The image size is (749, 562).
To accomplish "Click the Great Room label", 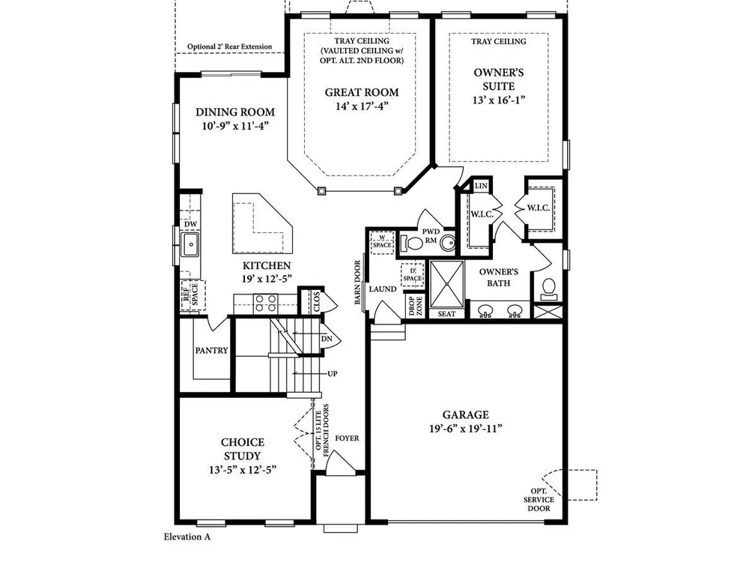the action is pyautogui.click(x=362, y=92).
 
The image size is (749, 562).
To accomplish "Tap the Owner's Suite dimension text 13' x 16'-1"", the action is pyautogui.click(x=498, y=100).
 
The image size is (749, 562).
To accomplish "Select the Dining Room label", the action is pyautogui.click(x=235, y=112).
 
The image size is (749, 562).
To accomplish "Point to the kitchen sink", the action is pyautogui.click(x=189, y=244).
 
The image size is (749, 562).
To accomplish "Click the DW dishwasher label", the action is pyautogui.click(x=190, y=224).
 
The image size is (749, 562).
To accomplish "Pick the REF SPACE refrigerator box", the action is pyautogui.click(x=192, y=295).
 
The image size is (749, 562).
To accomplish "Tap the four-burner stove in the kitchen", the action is pyautogui.click(x=265, y=303).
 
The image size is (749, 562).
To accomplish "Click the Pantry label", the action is pyautogui.click(x=212, y=350).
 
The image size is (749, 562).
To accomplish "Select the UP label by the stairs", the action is pyautogui.click(x=333, y=373).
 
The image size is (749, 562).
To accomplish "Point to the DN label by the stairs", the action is pyautogui.click(x=327, y=339).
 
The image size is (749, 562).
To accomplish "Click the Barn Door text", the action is pyautogui.click(x=358, y=282).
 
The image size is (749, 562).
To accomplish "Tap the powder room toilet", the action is pyautogui.click(x=411, y=244).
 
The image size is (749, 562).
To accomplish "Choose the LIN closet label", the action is pyautogui.click(x=481, y=186).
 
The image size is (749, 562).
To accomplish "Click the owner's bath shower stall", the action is pyautogui.click(x=446, y=284).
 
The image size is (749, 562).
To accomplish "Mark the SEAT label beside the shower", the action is pyautogui.click(x=446, y=314).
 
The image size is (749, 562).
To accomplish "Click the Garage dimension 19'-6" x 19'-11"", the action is pyautogui.click(x=465, y=429).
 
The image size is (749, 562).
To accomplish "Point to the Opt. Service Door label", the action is pyautogui.click(x=539, y=500).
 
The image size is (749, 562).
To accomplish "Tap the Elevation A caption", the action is pyautogui.click(x=187, y=537).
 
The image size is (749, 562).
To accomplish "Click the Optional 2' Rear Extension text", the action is pyautogui.click(x=229, y=46).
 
